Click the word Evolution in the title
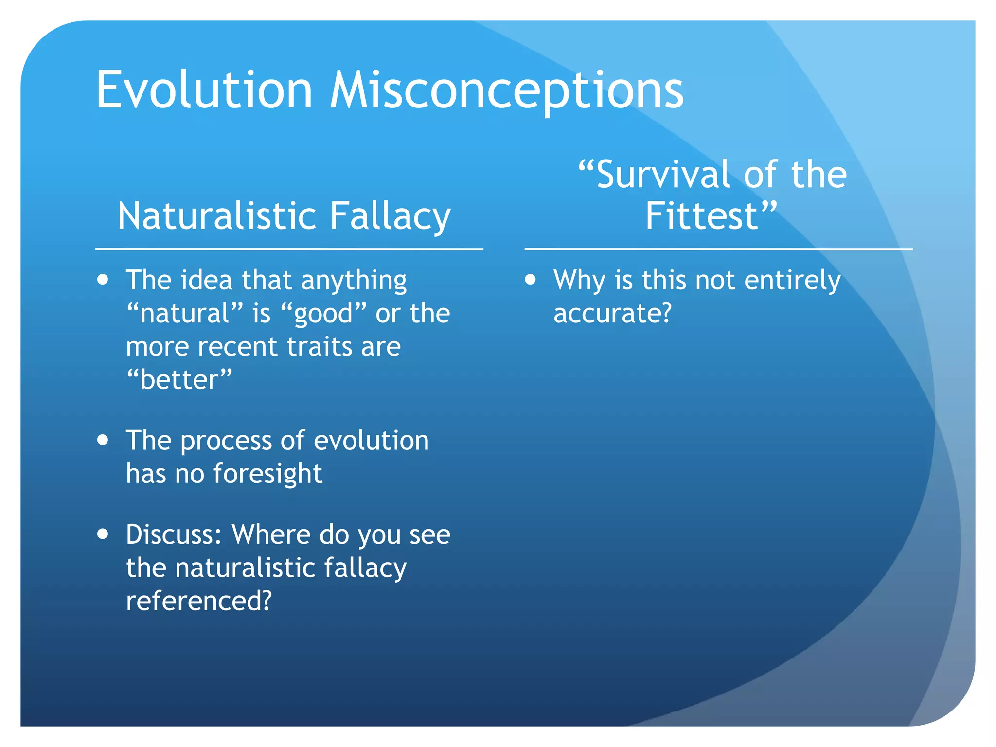click(204, 90)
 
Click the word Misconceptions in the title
click(506, 90)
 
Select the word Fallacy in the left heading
click(391, 216)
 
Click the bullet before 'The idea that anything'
click(103, 280)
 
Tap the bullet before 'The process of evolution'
click(103, 440)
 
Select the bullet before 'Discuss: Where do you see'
click(103, 534)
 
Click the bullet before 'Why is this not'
click(531, 280)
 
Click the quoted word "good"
click(324, 313)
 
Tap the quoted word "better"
click(179, 379)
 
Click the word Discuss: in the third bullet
click(174, 534)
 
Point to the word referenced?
click(198, 601)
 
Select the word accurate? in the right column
click(612, 313)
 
